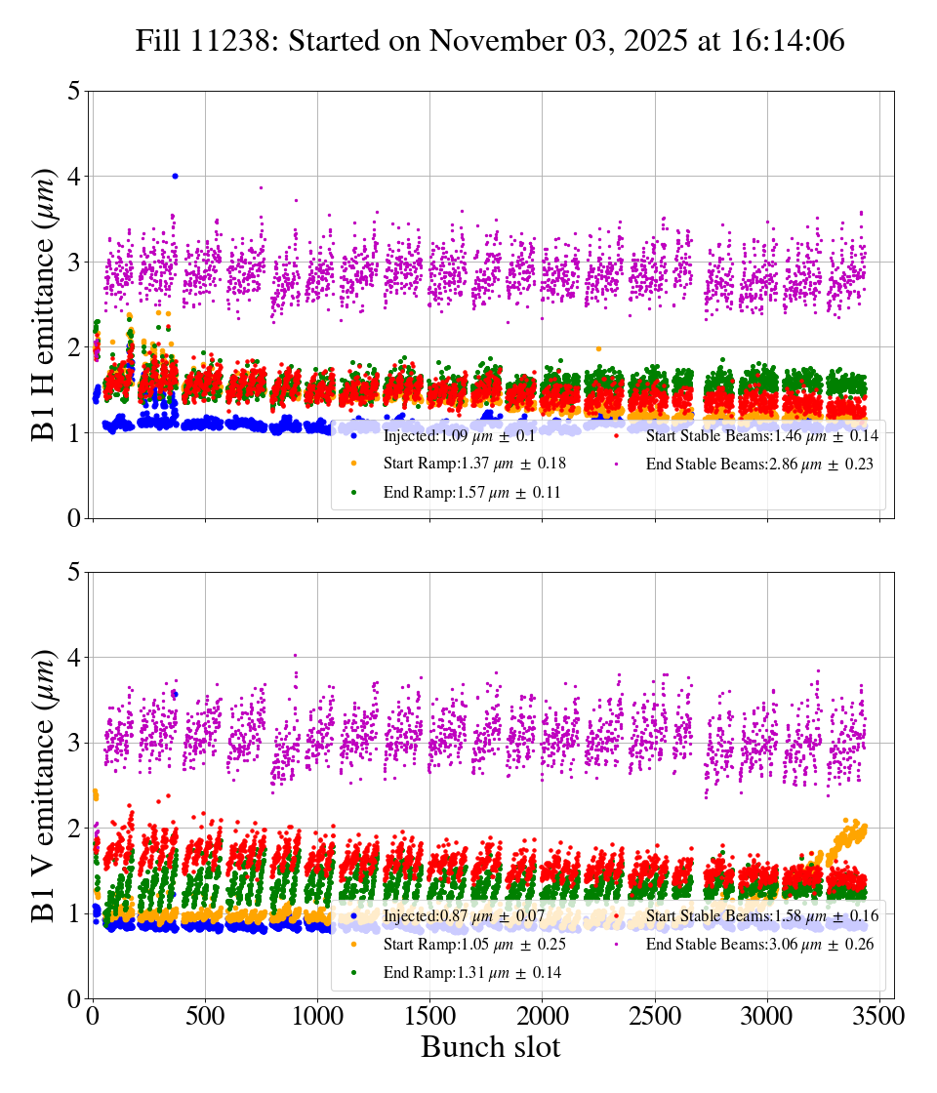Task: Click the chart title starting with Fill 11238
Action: coord(489,41)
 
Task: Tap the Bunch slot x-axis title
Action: coord(490,1047)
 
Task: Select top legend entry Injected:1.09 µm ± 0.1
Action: coord(459,435)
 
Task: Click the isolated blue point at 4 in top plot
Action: coord(175,176)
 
